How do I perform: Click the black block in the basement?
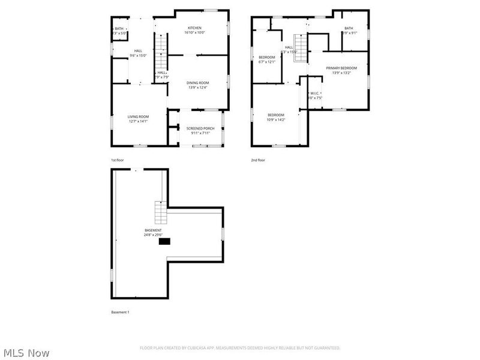(x=164, y=241)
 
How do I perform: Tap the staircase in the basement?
(x=160, y=212)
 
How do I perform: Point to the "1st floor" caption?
(x=118, y=160)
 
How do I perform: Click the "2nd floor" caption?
(x=258, y=160)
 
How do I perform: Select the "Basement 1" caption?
(x=120, y=313)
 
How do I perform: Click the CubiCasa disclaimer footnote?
(x=240, y=348)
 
